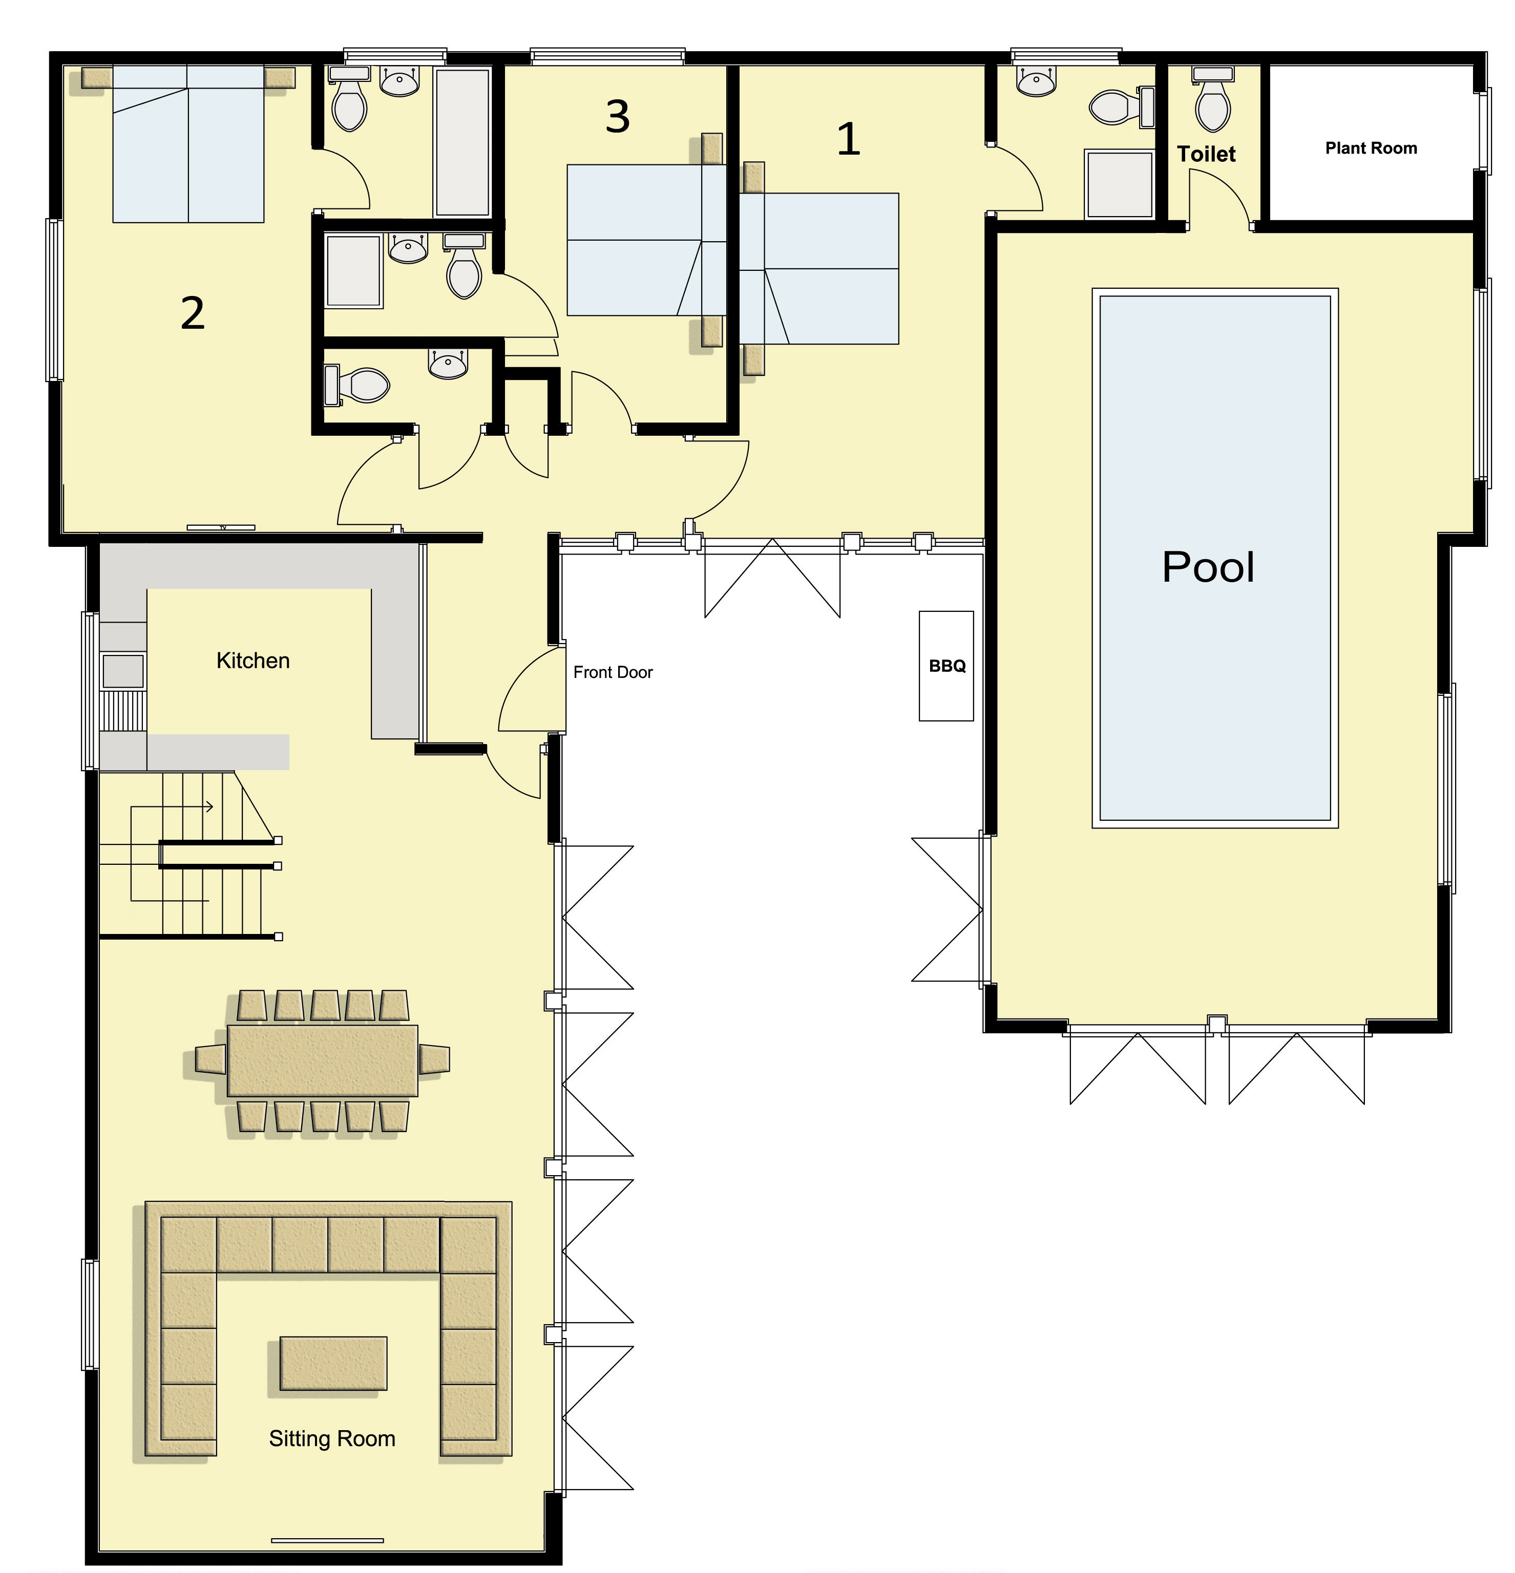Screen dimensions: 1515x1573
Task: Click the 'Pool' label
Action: pyautogui.click(x=1208, y=567)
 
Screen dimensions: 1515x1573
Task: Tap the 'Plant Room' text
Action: pyautogui.click(x=1371, y=148)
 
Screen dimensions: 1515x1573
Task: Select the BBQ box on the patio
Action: pyautogui.click(x=946, y=666)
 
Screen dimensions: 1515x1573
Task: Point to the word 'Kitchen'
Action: pyautogui.click(x=253, y=661)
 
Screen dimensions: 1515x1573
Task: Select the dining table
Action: pyautogui.click(x=323, y=1060)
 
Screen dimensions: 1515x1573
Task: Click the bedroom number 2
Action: pyautogui.click(x=193, y=313)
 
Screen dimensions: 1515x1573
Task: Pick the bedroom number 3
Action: pyautogui.click(x=617, y=117)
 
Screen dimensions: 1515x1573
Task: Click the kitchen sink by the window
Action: pyautogui.click(x=123, y=670)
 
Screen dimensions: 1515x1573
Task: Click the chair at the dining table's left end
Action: pyautogui.click(x=211, y=1059)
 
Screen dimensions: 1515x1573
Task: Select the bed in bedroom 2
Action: pyautogui.click(x=188, y=144)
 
